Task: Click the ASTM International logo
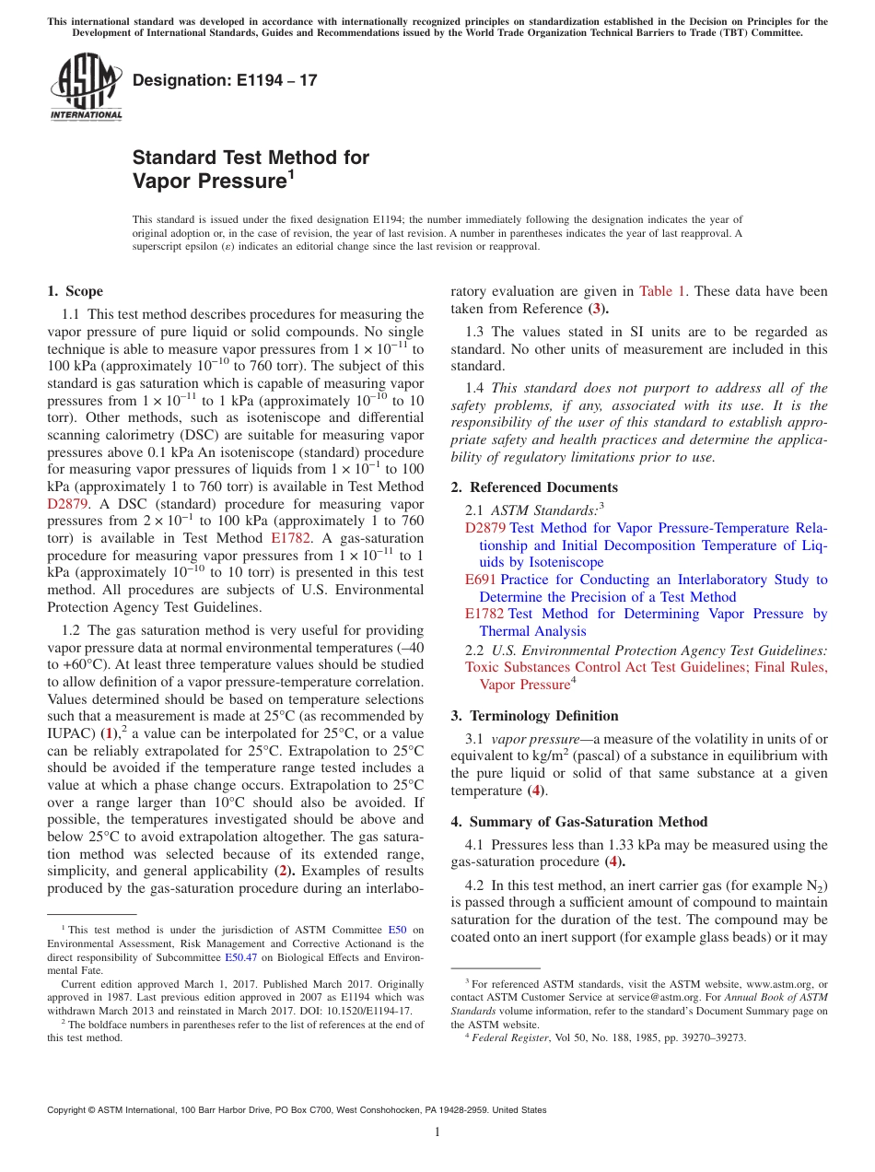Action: [x=86, y=87]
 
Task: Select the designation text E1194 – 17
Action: [x=225, y=80]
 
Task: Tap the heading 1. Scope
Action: [x=75, y=291]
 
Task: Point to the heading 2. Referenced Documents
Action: [x=534, y=487]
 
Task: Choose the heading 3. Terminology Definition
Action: [x=534, y=716]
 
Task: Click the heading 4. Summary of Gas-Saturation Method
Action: [x=579, y=822]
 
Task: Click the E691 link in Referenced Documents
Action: [x=481, y=580]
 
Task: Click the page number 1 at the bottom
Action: [x=437, y=1131]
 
